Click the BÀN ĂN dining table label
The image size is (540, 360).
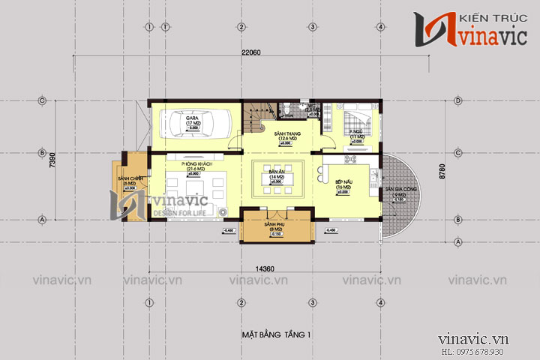[x=274, y=173]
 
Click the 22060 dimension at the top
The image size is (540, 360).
[x=250, y=52]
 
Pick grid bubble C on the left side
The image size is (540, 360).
[x=43, y=100]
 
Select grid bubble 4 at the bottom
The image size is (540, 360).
[x=380, y=301]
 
